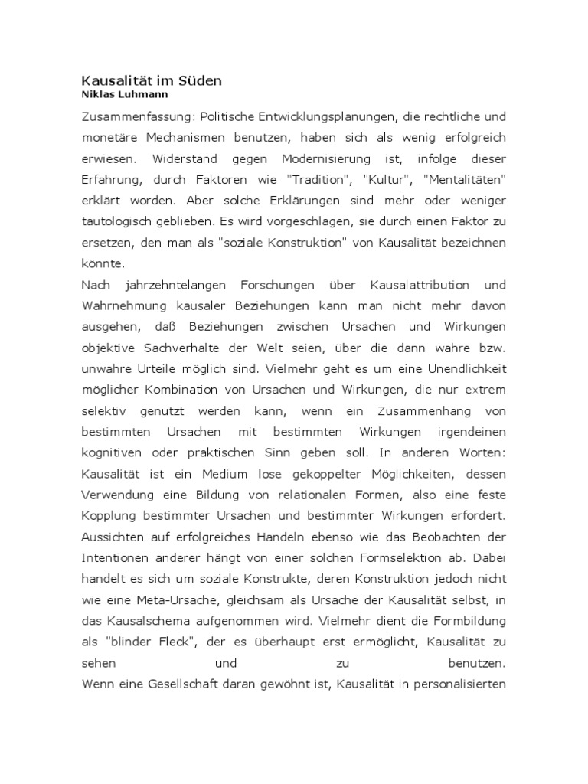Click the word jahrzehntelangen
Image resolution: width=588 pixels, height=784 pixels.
click(x=177, y=286)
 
